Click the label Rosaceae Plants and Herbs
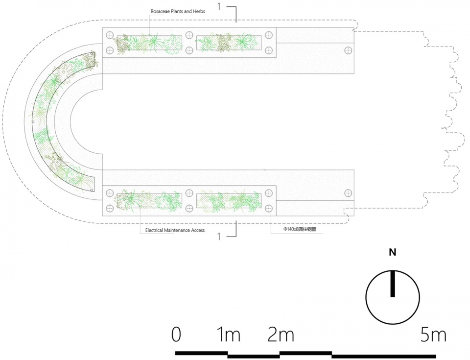coord(178,11)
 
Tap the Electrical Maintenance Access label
coord(175,230)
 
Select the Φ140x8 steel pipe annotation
coord(300,230)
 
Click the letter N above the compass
coord(392,252)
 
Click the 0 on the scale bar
coord(176,335)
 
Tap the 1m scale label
coord(229,335)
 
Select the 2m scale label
coord(281,335)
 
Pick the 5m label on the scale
coord(433,335)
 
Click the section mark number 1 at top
coord(219,6)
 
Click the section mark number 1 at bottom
coord(219,237)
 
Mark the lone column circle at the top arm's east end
coord(348,50)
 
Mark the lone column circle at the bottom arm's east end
coord(348,192)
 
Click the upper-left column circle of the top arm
coord(110,35)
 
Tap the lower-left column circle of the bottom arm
coord(110,208)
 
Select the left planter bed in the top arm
coord(150,43)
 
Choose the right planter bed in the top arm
coord(229,43)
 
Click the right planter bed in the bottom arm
coord(229,201)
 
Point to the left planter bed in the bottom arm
coord(150,201)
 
